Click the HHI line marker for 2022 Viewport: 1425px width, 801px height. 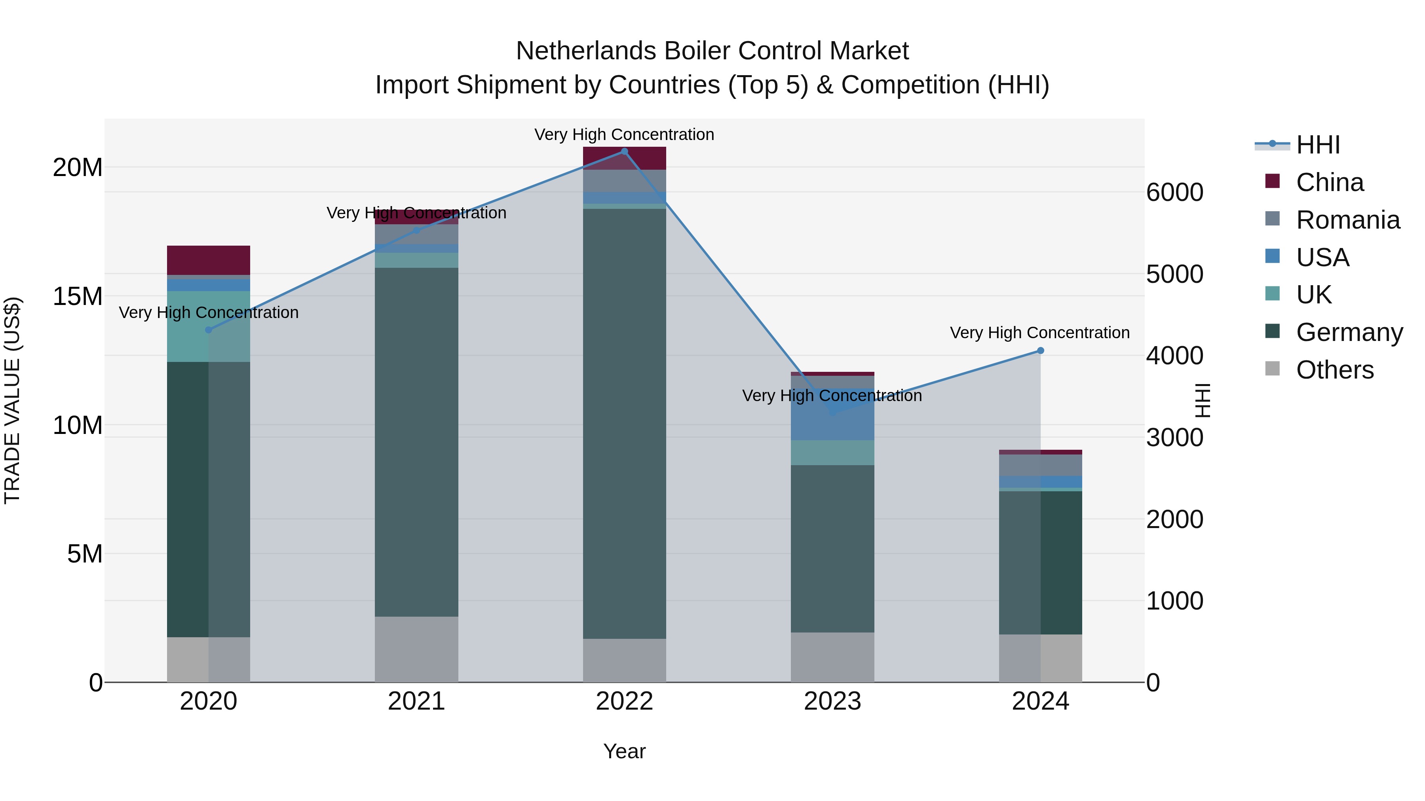625,151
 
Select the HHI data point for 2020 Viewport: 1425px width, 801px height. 209,330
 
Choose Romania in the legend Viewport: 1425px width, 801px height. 1347,220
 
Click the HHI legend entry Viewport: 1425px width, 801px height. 1318,145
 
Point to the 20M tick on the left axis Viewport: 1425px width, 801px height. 78,167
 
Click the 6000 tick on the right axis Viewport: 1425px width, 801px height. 1174,192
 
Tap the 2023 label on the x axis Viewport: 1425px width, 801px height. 832,701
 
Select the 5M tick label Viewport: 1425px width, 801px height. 85,554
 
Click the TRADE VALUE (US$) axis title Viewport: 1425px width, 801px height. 12,400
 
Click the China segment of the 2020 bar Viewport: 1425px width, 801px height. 209,260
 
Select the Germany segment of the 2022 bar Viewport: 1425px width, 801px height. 625,423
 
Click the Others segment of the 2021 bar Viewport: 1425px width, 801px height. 416,649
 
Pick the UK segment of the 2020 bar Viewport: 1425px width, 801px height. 209,327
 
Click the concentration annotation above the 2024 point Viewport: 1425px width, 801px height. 1039,333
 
